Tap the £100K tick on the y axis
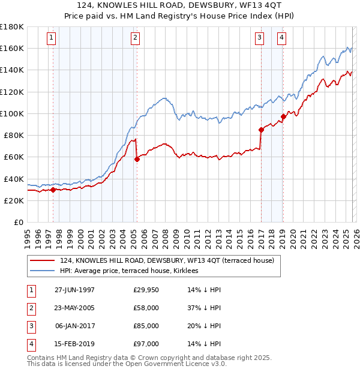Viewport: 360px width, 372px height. click(x=11, y=113)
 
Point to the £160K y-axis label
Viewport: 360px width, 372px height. click(x=11, y=48)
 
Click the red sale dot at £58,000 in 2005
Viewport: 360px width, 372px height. click(x=137, y=160)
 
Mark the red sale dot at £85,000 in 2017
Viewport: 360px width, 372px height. click(x=261, y=130)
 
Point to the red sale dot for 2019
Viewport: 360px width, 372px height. click(x=283, y=116)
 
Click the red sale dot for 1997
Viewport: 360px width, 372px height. click(x=53, y=190)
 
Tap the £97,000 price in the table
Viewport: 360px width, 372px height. click(x=146, y=344)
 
